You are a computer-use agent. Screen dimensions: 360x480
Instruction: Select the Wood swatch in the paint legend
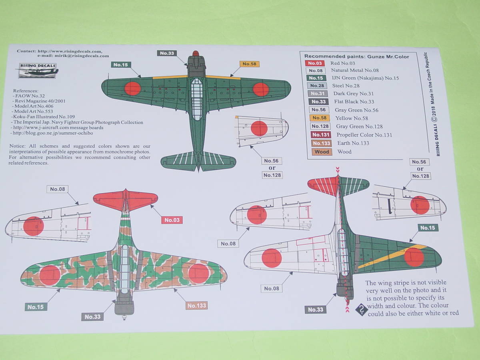tap(322, 152)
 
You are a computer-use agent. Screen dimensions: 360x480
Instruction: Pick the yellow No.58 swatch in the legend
tap(319, 118)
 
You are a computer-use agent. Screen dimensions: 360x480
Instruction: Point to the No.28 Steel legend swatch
tap(316, 86)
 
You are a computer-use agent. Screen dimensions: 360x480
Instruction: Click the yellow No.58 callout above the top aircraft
tap(249, 64)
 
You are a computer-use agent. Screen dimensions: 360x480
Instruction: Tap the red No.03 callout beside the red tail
tap(172, 220)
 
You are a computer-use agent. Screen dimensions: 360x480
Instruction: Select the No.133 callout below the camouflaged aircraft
tap(196, 306)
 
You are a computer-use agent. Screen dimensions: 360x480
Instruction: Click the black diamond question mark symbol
tap(362, 309)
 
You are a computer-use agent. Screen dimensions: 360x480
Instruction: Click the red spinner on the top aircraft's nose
tap(196, 53)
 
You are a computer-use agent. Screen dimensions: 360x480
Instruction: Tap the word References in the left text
tap(26, 91)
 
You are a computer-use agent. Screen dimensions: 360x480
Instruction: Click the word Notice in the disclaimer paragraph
tap(18, 146)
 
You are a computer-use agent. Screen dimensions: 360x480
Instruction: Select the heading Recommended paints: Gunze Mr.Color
tap(356, 56)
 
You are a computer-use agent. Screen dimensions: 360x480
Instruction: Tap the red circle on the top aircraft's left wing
tap(132, 88)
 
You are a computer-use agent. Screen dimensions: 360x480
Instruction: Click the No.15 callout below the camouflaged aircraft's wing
tap(36, 307)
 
